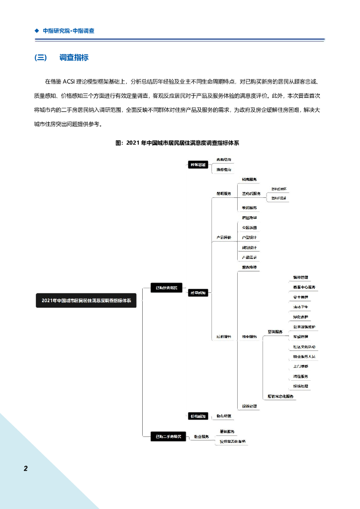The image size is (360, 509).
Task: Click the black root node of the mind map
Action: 86,300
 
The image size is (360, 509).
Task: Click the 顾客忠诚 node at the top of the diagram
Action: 197,165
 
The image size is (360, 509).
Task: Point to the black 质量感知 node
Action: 197,293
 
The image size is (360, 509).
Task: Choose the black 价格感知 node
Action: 197,416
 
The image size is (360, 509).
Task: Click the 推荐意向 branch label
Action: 223,170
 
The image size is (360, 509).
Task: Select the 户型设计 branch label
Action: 249,238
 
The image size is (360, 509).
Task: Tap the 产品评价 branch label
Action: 223,238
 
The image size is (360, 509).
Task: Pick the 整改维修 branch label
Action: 249,267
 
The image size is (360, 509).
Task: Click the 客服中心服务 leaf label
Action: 301,287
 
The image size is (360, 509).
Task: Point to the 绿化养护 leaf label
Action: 300,317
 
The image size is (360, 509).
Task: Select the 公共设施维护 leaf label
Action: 304,327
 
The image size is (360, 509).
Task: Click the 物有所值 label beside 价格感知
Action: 224,416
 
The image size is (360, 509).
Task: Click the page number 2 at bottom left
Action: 26,468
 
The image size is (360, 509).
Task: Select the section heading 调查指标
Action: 74,58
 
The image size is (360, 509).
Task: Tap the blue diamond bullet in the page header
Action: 36,30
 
